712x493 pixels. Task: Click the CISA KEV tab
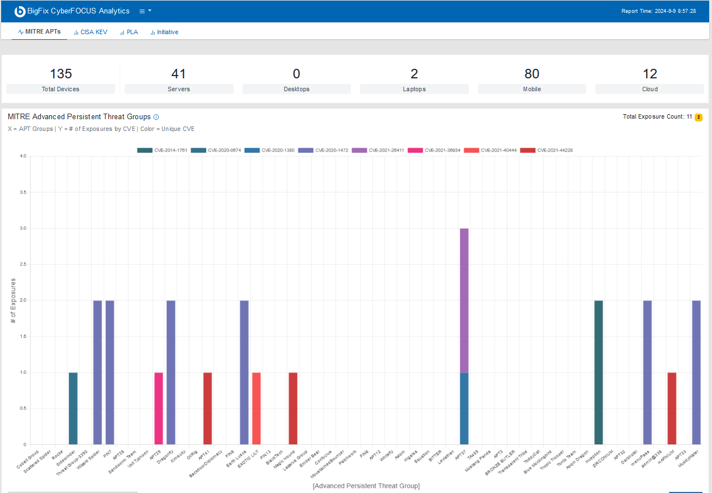pyautogui.click(x=91, y=32)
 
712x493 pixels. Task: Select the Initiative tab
pyautogui.click(x=164, y=32)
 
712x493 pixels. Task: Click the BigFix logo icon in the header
pyautogui.click(x=20, y=11)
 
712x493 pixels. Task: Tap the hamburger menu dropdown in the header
pyautogui.click(x=145, y=11)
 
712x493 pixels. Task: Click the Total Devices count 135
pyautogui.click(x=61, y=74)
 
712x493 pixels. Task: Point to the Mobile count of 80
pyautogui.click(x=531, y=74)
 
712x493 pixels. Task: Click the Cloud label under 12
pyautogui.click(x=649, y=89)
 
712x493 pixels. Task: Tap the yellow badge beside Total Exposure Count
pyautogui.click(x=698, y=117)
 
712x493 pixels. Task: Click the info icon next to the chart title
pyautogui.click(x=156, y=117)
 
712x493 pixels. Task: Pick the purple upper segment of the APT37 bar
pyautogui.click(x=464, y=300)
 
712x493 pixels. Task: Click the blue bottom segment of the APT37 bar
pyautogui.click(x=464, y=408)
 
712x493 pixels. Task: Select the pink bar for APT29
pyautogui.click(x=159, y=408)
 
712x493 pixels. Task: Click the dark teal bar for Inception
pyautogui.click(x=599, y=372)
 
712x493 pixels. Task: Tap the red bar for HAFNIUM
pyautogui.click(x=672, y=408)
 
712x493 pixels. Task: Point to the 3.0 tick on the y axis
pyautogui.click(x=23, y=228)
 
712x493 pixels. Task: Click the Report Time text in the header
pyautogui.click(x=658, y=11)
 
